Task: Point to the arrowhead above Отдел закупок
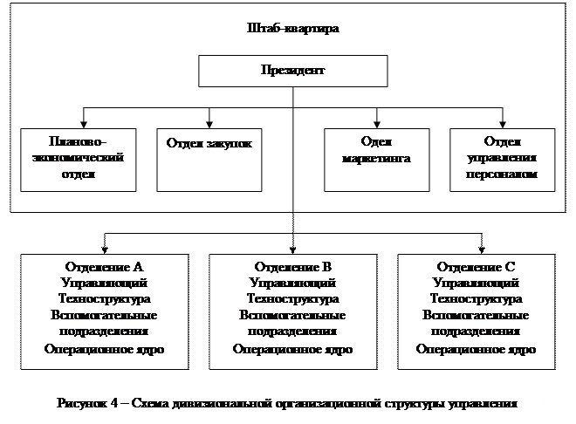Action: point(209,122)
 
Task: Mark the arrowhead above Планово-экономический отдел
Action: point(84,122)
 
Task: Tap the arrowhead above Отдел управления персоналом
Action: point(501,122)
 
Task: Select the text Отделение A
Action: point(104,266)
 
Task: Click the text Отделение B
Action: point(292,266)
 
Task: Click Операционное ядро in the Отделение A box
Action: point(104,349)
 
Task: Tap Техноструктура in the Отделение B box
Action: point(292,298)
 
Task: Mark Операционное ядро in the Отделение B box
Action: point(292,349)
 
